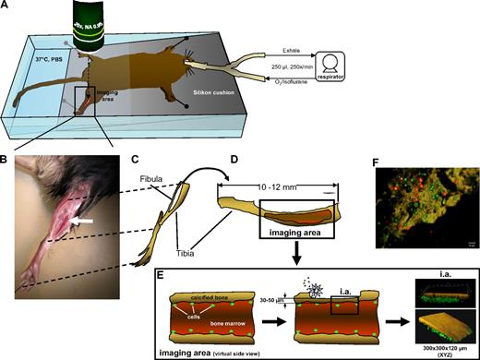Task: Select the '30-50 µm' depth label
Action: click(x=267, y=297)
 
